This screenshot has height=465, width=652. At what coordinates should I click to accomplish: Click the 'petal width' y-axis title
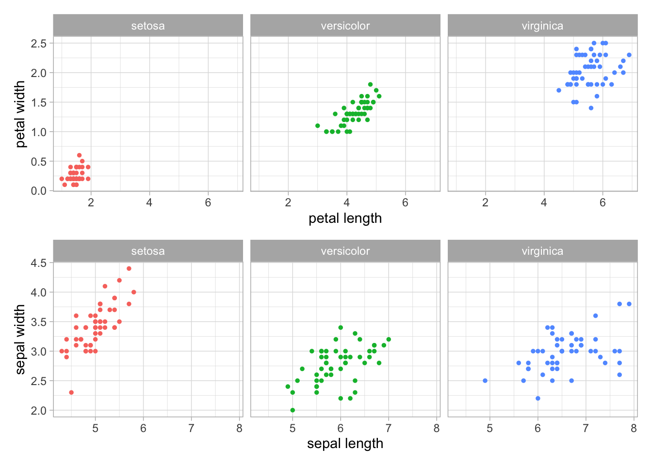(x=20, y=114)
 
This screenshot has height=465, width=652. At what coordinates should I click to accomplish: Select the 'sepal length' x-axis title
(x=345, y=443)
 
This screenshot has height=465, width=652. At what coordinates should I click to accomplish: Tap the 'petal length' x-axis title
(x=345, y=218)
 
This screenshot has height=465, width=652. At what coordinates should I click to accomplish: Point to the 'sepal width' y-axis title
(x=20, y=339)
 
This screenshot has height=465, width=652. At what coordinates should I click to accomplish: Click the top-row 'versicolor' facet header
(x=345, y=26)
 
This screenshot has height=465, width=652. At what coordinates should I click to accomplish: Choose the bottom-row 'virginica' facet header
(x=542, y=251)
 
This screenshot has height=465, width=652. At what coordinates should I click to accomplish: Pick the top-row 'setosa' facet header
(x=148, y=26)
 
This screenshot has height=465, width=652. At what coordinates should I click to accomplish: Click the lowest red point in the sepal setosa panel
(x=71, y=392)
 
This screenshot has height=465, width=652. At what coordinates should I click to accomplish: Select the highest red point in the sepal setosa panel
(x=129, y=268)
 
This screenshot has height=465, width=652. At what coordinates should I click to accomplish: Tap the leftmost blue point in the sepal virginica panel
(x=485, y=381)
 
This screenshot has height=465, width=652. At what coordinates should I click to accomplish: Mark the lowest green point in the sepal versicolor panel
(x=293, y=410)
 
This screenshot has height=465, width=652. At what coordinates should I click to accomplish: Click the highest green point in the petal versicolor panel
(x=370, y=84)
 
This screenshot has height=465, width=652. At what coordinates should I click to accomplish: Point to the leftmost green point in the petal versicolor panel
(x=318, y=125)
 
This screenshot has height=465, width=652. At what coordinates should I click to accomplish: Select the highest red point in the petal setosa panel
(x=79, y=155)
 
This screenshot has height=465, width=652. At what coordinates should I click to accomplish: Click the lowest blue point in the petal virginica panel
(x=591, y=108)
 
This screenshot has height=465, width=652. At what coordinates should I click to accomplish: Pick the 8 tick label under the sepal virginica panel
(x=634, y=428)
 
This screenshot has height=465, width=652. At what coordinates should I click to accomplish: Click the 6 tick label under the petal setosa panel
(x=208, y=202)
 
